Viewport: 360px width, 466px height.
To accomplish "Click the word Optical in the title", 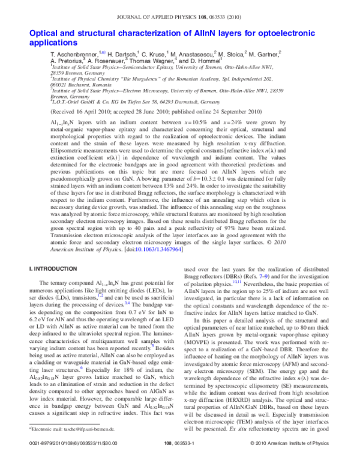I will click(27, 34).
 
